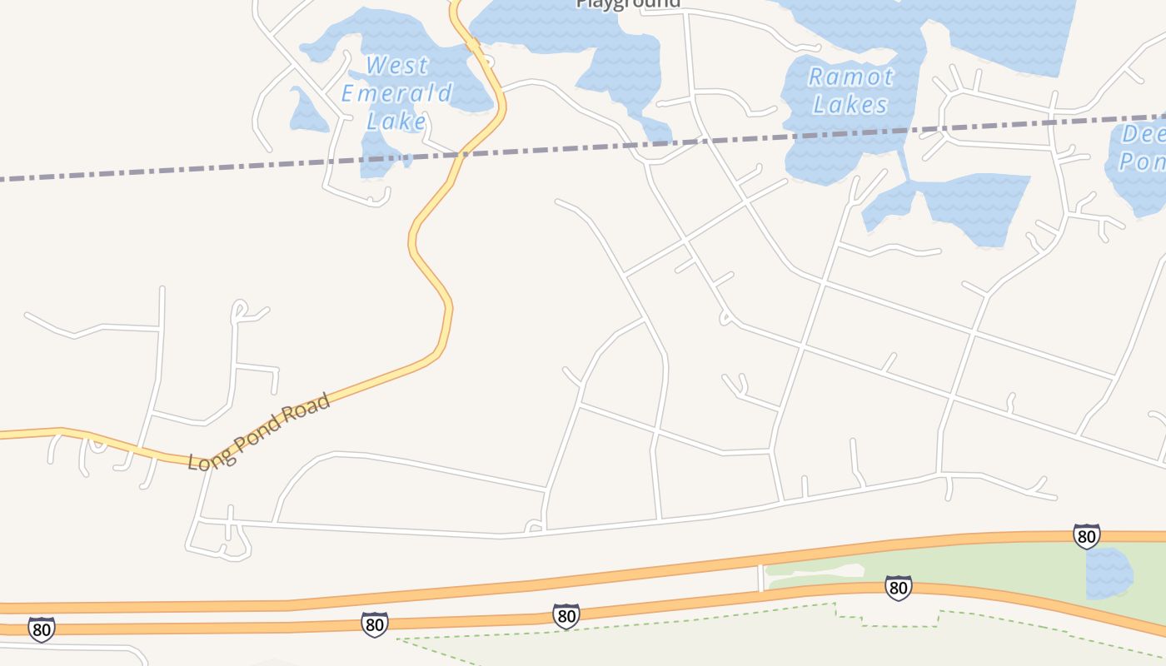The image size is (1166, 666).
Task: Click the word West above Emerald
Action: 397,65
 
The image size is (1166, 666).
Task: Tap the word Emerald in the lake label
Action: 396,92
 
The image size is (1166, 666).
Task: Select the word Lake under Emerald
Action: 396,121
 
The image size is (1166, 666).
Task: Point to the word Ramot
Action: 850,77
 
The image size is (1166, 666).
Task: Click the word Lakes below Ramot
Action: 850,105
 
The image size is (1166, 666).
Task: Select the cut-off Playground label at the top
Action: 628,3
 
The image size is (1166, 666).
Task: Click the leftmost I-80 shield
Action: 41,629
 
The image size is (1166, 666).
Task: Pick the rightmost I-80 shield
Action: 1086,536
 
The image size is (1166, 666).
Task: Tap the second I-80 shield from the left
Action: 374,624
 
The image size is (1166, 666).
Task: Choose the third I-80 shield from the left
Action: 566,616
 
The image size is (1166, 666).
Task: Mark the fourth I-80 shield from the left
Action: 897,588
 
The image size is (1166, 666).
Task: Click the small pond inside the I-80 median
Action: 1109,573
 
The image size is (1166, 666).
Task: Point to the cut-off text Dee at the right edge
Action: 1143,134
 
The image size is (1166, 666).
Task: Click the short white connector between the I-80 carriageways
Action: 760,578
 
